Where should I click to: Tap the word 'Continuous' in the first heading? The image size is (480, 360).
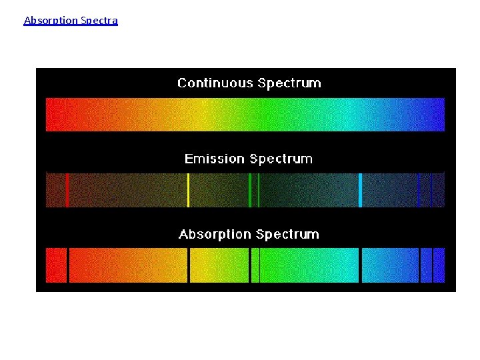(215, 83)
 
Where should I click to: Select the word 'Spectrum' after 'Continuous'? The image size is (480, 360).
(289, 83)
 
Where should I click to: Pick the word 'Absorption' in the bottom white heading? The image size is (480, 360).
(215, 235)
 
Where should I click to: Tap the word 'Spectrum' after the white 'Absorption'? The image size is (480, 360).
(287, 235)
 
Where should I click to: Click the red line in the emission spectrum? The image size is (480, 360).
(67, 190)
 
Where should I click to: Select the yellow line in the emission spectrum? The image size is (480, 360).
(188, 190)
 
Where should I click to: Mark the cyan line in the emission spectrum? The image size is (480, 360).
(360, 190)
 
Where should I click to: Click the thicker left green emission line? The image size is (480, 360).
(250, 190)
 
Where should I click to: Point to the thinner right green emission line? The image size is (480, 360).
(259, 190)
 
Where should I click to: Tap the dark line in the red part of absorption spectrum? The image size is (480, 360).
(68, 265)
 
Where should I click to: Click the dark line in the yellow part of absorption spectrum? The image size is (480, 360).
(189, 265)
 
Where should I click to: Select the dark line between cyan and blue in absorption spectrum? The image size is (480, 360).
(360, 265)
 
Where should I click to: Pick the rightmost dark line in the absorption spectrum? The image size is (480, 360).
(433, 265)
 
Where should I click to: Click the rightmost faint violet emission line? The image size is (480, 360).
(431, 190)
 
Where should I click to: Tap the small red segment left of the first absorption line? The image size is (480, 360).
(56, 265)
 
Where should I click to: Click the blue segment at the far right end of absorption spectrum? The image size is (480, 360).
(439, 265)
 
